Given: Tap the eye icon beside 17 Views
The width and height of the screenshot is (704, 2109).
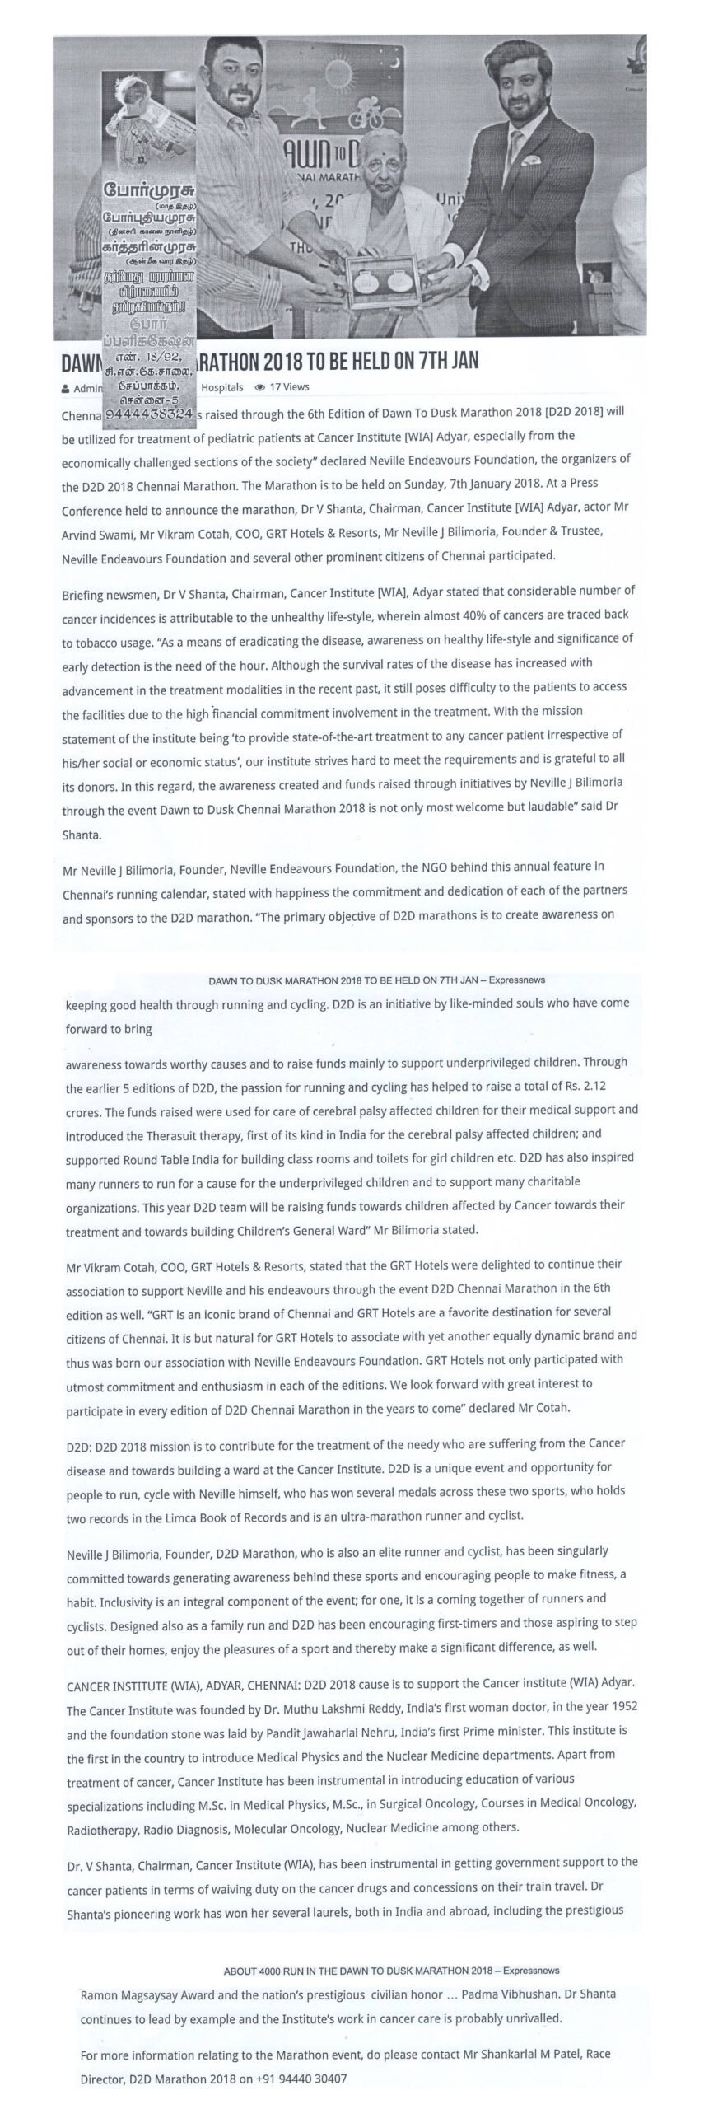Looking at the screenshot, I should pos(260,386).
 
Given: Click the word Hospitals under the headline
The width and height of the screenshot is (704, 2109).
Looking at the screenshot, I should pos(222,386).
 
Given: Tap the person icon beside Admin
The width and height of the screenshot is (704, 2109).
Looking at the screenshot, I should pos(65,387).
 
